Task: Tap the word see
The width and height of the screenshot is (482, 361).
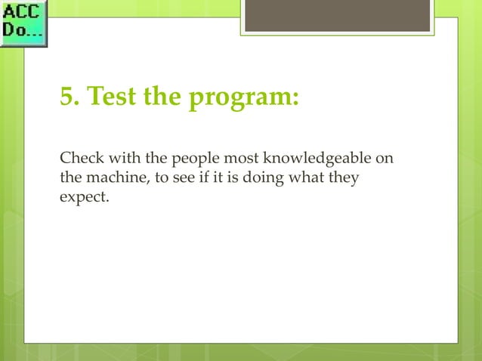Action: point(174,179)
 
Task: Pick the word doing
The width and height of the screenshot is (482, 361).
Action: point(254,179)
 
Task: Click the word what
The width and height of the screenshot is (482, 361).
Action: point(299,179)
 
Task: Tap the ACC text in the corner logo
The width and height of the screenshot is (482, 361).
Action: point(23,13)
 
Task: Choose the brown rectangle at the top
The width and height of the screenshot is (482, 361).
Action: point(337,15)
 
